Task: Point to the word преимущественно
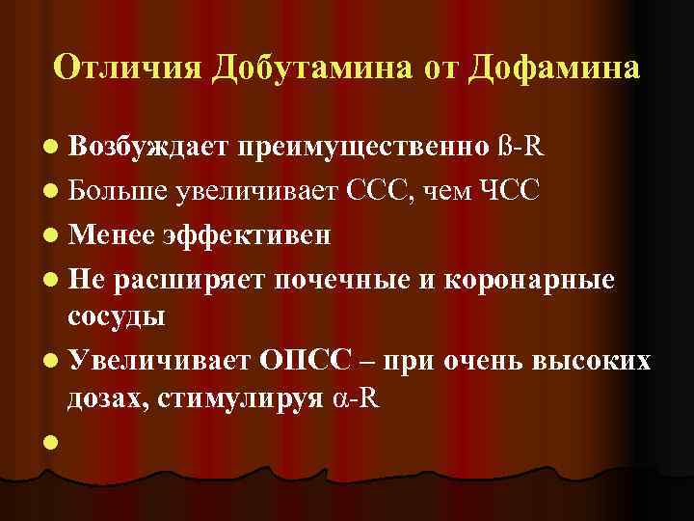coord(364,148)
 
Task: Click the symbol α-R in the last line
coord(355,398)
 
